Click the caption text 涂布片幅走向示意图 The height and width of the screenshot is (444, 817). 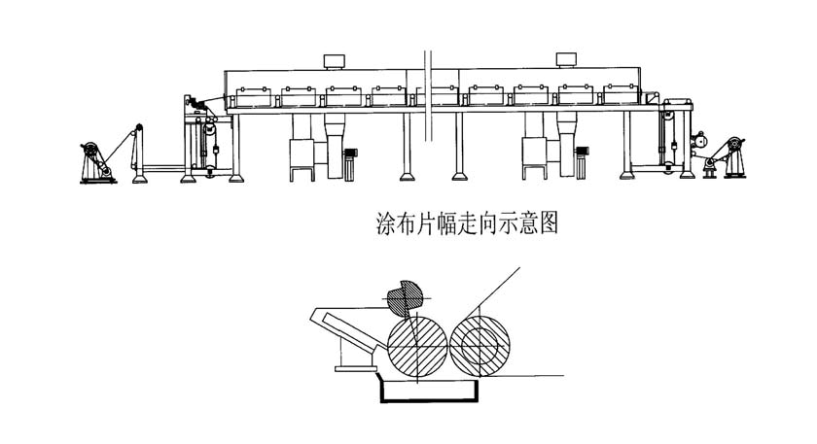(468, 224)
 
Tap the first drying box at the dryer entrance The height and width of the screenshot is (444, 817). (251, 96)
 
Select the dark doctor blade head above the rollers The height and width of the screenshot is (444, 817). (403, 298)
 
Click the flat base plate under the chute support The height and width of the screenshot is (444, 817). (354, 368)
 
